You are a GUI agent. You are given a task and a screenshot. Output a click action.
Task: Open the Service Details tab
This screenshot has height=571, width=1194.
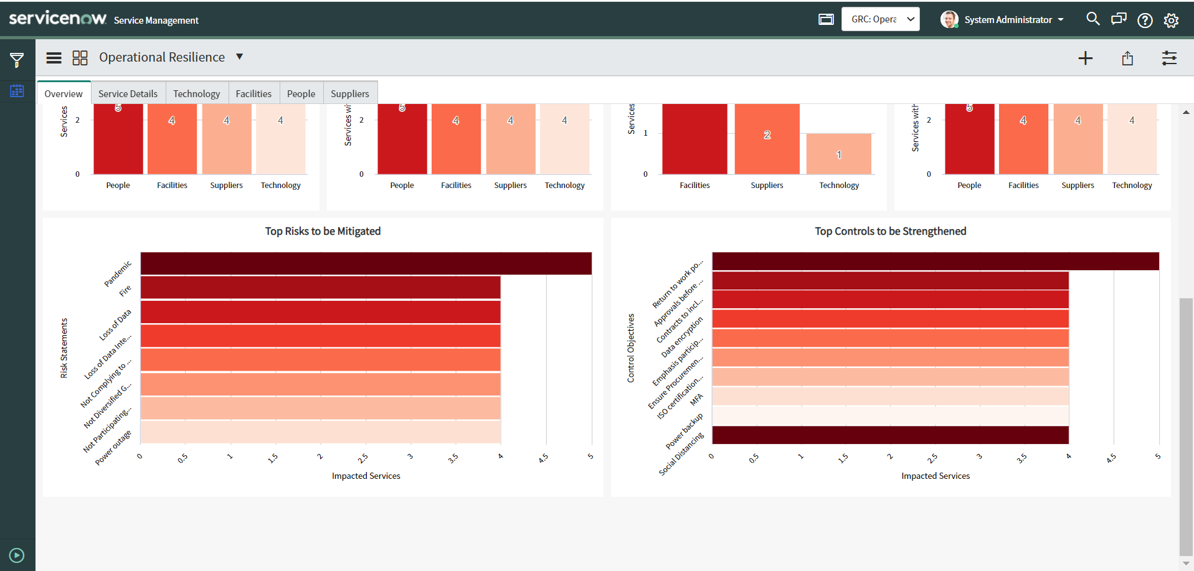click(128, 93)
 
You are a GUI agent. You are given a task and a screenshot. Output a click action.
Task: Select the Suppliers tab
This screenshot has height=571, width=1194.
click(349, 93)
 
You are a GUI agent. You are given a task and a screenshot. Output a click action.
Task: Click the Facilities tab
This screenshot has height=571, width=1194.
click(253, 93)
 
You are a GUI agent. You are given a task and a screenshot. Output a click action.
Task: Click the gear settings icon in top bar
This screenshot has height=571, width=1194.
click(1171, 20)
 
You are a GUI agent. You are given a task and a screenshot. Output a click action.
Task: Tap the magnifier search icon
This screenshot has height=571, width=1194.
click(1092, 19)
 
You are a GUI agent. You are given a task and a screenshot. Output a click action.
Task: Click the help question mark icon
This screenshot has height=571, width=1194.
click(1145, 20)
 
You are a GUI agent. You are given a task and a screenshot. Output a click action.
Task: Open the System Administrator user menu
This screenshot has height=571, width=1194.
click(1003, 19)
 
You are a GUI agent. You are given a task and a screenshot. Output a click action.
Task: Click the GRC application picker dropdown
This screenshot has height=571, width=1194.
click(880, 19)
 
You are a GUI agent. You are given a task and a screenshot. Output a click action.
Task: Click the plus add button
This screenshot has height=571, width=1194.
click(1085, 58)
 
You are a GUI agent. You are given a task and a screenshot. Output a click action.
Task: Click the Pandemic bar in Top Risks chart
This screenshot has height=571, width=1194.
click(366, 263)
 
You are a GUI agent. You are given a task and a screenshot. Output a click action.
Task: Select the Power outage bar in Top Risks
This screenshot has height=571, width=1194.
click(320, 432)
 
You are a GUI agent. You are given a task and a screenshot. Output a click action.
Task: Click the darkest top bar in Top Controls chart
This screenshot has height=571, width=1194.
click(935, 261)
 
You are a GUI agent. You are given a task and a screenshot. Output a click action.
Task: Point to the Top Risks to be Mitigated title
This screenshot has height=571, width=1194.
click(323, 231)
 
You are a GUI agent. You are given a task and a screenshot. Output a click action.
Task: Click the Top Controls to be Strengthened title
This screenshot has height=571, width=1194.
click(890, 231)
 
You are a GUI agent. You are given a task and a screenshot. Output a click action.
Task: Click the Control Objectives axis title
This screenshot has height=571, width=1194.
click(630, 347)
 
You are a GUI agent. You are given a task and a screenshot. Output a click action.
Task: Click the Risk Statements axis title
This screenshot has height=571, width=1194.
click(64, 348)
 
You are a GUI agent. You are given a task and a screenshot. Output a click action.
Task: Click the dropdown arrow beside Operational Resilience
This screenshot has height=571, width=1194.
click(239, 57)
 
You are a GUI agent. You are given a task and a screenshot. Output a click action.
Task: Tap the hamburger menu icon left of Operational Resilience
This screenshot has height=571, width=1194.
click(54, 58)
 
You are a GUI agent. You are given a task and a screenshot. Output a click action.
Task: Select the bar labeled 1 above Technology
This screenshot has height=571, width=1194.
click(838, 154)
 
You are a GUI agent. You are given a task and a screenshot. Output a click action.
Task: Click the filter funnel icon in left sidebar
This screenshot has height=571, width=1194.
click(17, 60)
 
